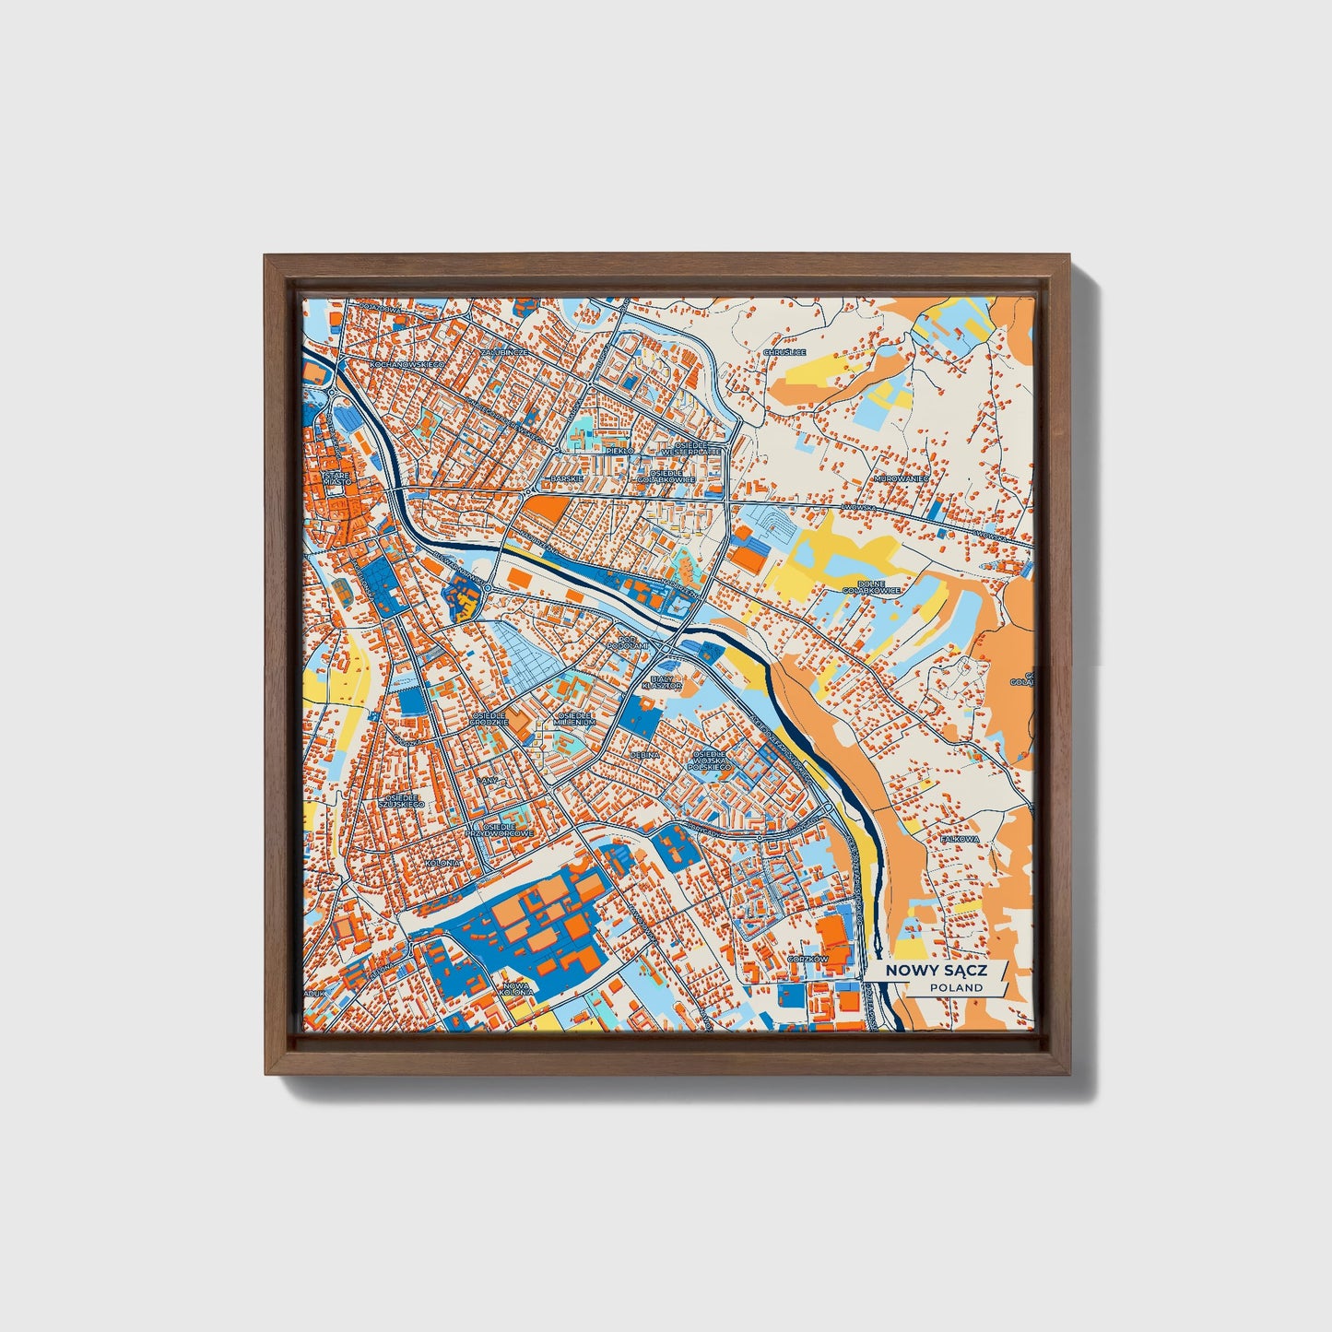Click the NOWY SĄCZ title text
935,971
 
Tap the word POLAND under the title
956,987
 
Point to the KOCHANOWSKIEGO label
407,365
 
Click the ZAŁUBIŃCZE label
504,352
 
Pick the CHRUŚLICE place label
784,352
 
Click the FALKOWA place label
959,840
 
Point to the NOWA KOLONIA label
514,989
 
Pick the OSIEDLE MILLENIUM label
573,719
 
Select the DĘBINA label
644,754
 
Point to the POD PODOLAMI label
628,641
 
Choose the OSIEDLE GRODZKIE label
489,718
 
